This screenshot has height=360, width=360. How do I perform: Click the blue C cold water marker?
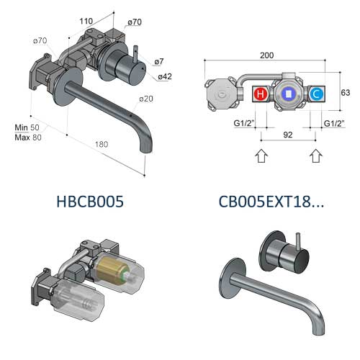316,94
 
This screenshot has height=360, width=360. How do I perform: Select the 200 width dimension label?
266,55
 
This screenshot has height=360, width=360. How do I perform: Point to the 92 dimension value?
288,135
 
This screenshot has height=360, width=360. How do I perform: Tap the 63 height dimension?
346,93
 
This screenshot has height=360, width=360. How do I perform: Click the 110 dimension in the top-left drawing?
86,21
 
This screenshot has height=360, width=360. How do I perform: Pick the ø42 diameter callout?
165,76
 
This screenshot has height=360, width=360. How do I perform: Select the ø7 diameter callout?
159,62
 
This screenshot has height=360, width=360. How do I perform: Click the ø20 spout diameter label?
146,99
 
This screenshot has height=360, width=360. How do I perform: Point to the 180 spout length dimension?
102,144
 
